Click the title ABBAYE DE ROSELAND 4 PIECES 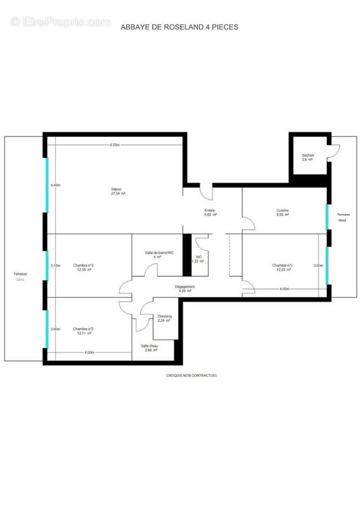pyautogui.click(x=180, y=27)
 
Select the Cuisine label pyautogui.click(x=282, y=213)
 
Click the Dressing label pyautogui.click(x=164, y=318)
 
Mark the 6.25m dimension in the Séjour pyautogui.click(x=114, y=145)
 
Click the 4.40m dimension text pyautogui.click(x=55, y=185)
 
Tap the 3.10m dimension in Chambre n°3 pyautogui.click(x=55, y=265)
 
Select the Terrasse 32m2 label pyautogui.click(x=20, y=277)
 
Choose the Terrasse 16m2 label pyautogui.click(x=343, y=217)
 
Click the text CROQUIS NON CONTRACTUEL pyautogui.click(x=191, y=375)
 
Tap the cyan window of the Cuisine pyautogui.click(x=327, y=217)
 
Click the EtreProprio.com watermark pyautogui.click(x=60, y=22)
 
